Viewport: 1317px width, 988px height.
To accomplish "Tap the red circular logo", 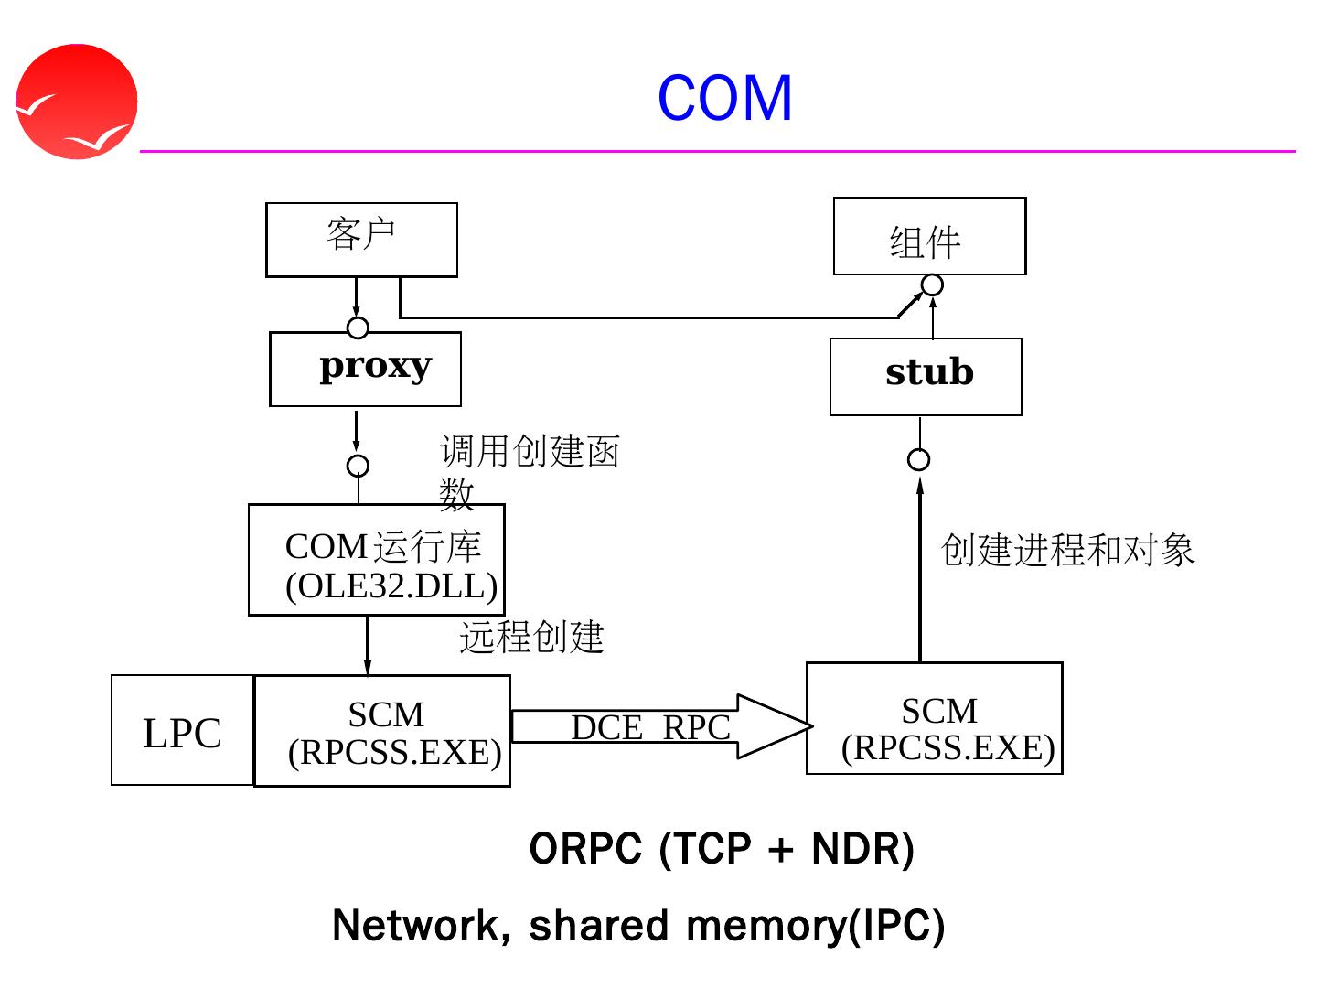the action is coord(77,102).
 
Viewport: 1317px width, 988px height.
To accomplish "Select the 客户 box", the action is coord(362,240).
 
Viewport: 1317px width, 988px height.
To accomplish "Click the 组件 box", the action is coord(929,236).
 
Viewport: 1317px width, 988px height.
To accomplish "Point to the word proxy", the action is coord(376,366).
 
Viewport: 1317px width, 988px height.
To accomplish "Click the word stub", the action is coord(929,372).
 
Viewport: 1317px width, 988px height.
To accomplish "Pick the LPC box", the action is coord(182,730).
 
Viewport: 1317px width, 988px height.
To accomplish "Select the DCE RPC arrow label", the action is coord(650,727).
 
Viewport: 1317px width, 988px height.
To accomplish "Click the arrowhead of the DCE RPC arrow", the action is coord(812,726).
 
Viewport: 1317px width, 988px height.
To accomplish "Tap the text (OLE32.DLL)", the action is coord(391,586).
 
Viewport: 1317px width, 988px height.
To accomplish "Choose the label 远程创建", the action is coord(531,637).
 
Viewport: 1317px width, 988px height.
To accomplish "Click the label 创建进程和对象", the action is coord(1067,550).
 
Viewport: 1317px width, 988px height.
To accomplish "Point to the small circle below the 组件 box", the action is coord(932,285).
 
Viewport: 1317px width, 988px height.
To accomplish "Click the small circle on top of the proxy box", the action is coord(358,328).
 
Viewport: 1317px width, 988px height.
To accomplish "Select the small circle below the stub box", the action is coord(918,460).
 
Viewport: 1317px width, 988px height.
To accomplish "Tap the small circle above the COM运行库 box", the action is coord(359,466).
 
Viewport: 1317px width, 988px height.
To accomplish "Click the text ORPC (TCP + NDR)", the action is coord(722,850).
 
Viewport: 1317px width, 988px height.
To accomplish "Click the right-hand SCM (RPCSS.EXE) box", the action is coord(934,718).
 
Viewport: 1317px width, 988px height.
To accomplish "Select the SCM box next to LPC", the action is coord(382,731).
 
